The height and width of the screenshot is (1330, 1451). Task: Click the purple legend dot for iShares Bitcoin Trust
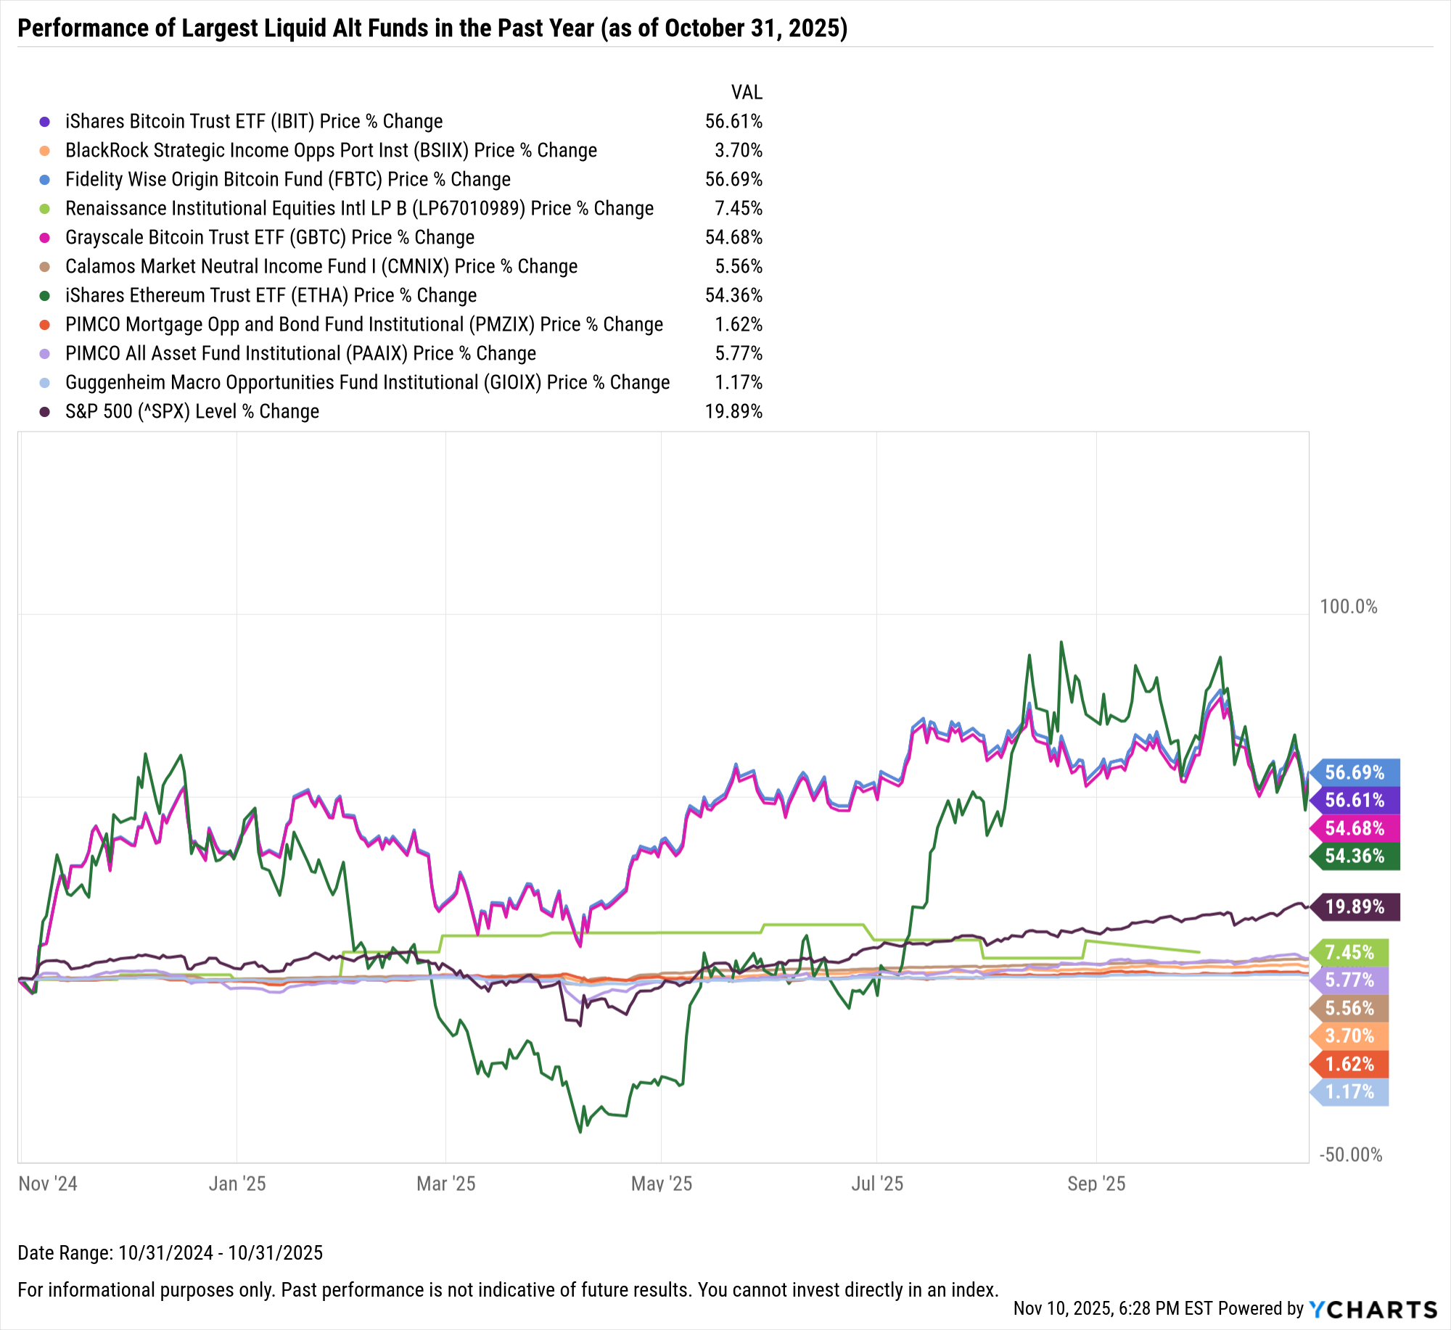click(x=45, y=122)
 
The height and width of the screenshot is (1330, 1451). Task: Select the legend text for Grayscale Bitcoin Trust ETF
click(x=269, y=238)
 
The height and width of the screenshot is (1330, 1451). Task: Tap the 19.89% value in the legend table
click(x=733, y=412)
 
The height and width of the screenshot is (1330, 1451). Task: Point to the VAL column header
click(x=747, y=93)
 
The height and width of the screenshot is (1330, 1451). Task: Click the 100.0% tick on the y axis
click(x=1348, y=607)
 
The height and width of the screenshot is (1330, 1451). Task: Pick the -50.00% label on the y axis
click(x=1350, y=1155)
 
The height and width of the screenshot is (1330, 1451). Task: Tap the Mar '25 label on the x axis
click(x=445, y=1184)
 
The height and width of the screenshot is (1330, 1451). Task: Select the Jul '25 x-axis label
click(x=876, y=1184)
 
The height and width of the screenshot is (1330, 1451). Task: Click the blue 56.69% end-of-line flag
click(x=1354, y=772)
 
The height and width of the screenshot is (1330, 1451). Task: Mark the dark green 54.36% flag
click(x=1354, y=856)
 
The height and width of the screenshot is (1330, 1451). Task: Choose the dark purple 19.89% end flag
click(x=1354, y=907)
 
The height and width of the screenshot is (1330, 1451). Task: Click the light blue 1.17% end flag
click(x=1349, y=1092)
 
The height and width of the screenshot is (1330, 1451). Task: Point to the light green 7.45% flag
click(x=1349, y=952)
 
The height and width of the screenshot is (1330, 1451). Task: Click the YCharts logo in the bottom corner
click(x=1373, y=1309)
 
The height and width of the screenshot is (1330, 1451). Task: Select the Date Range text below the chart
click(x=170, y=1253)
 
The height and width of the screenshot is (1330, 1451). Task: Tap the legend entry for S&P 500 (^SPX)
click(x=192, y=412)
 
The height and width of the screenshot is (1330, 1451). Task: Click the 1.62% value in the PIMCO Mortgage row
click(x=739, y=325)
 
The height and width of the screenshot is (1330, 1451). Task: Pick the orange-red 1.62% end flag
click(x=1349, y=1065)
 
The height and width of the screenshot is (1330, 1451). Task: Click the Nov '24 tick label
click(x=48, y=1184)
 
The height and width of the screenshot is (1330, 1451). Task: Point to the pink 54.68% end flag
click(x=1354, y=829)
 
